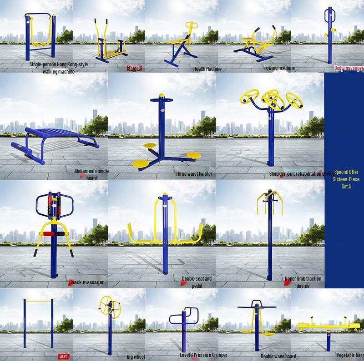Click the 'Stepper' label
[x=135, y=69]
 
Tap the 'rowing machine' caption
[x=279, y=68]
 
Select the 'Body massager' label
[x=349, y=68]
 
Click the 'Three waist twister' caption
[x=194, y=174]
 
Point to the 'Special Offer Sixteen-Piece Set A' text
[x=347, y=179]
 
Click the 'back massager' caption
[x=87, y=282]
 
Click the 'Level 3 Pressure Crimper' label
[x=203, y=355]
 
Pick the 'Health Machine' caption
[x=207, y=69]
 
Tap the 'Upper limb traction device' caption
[x=303, y=282]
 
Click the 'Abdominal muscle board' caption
[x=91, y=174]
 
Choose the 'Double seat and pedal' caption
[x=197, y=282]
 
